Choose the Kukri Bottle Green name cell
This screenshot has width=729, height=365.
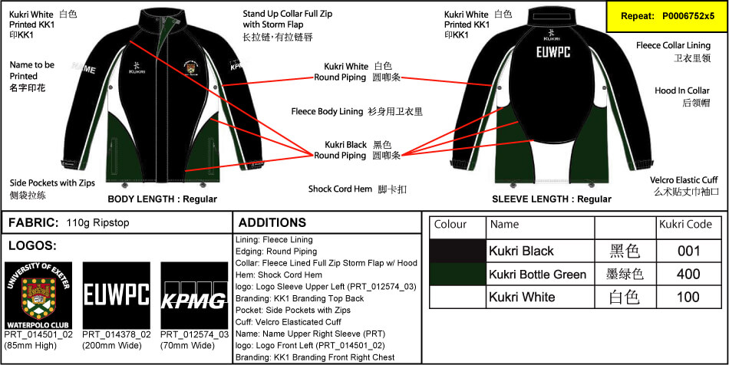tap(538, 274)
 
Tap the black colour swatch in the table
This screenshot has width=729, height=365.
tap(458, 251)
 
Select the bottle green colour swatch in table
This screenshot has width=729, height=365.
tap(458, 274)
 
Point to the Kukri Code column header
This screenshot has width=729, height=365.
tap(685, 225)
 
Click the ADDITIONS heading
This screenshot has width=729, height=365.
tap(272, 223)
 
